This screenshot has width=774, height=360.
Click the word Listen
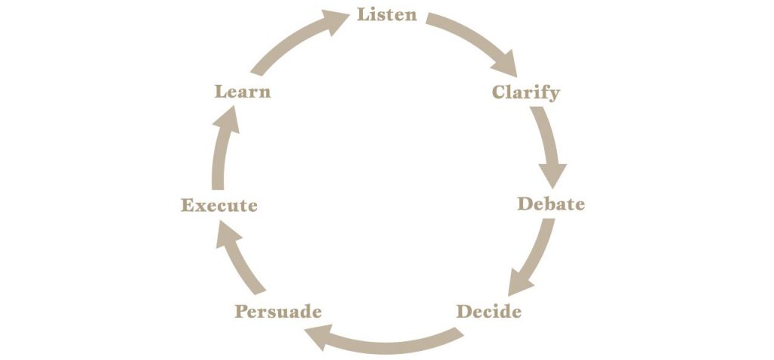(x=387, y=15)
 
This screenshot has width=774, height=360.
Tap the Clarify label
(x=526, y=92)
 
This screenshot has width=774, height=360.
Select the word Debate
(x=551, y=204)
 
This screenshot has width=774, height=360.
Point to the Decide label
(x=489, y=312)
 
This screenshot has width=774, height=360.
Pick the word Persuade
(x=278, y=312)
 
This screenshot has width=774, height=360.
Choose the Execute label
(x=219, y=205)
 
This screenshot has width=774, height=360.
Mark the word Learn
(x=243, y=92)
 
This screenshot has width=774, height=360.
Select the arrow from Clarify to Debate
(x=551, y=146)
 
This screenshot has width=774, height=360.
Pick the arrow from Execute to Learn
(x=221, y=148)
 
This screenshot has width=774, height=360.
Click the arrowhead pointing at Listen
(x=336, y=21)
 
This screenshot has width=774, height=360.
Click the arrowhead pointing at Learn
(x=228, y=119)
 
